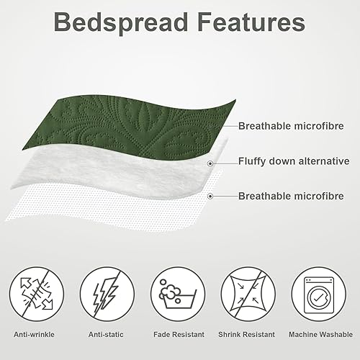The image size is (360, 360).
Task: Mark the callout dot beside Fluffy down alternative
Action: pos(210,163)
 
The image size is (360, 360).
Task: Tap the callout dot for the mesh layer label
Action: pos(210,196)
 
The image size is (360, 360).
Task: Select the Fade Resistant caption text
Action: pos(178,334)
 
